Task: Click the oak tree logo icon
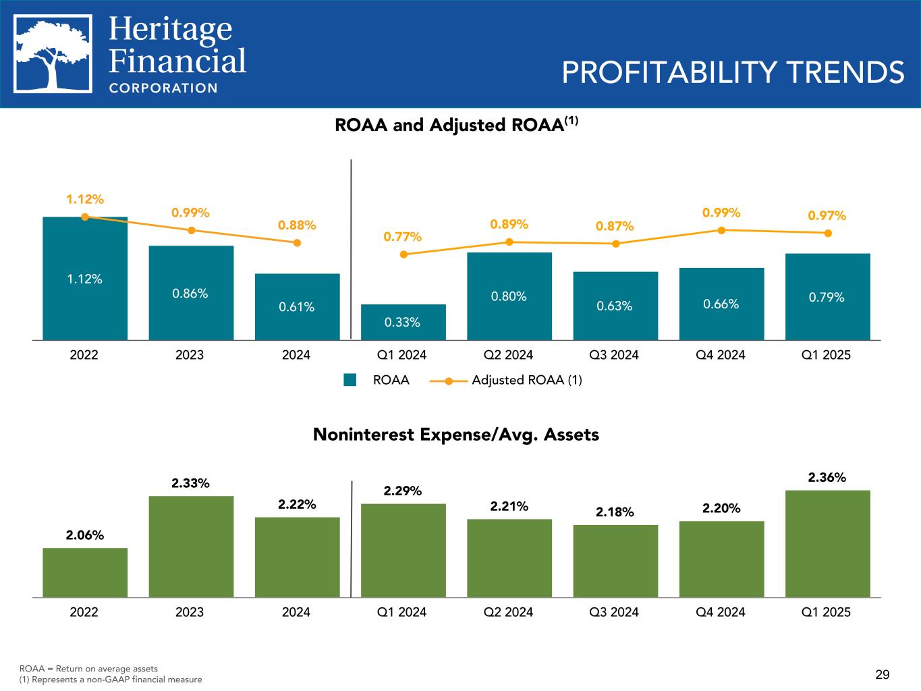click(53, 54)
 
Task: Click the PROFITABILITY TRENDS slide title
click(733, 72)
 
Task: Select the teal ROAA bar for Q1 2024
click(403, 322)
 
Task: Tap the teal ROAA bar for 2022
click(85, 278)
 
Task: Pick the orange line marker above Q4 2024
click(721, 230)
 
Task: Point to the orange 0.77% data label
click(403, 237)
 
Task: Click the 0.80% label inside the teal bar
click(509, 296)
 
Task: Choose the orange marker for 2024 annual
click(297, 243)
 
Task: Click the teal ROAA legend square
click(350, 380)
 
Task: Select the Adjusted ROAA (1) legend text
click(526, 380)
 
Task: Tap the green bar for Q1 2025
click(827, 543)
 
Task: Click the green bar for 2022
click(85, 572)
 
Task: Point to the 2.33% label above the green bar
click(190, 483)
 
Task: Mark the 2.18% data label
click(615, 512)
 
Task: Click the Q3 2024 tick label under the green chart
click(615, 612)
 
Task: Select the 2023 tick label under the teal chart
click(190, 354)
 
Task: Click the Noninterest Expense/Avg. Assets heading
click(456, 435)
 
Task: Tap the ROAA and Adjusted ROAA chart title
click(457, 126)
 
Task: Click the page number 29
click(883, 674)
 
